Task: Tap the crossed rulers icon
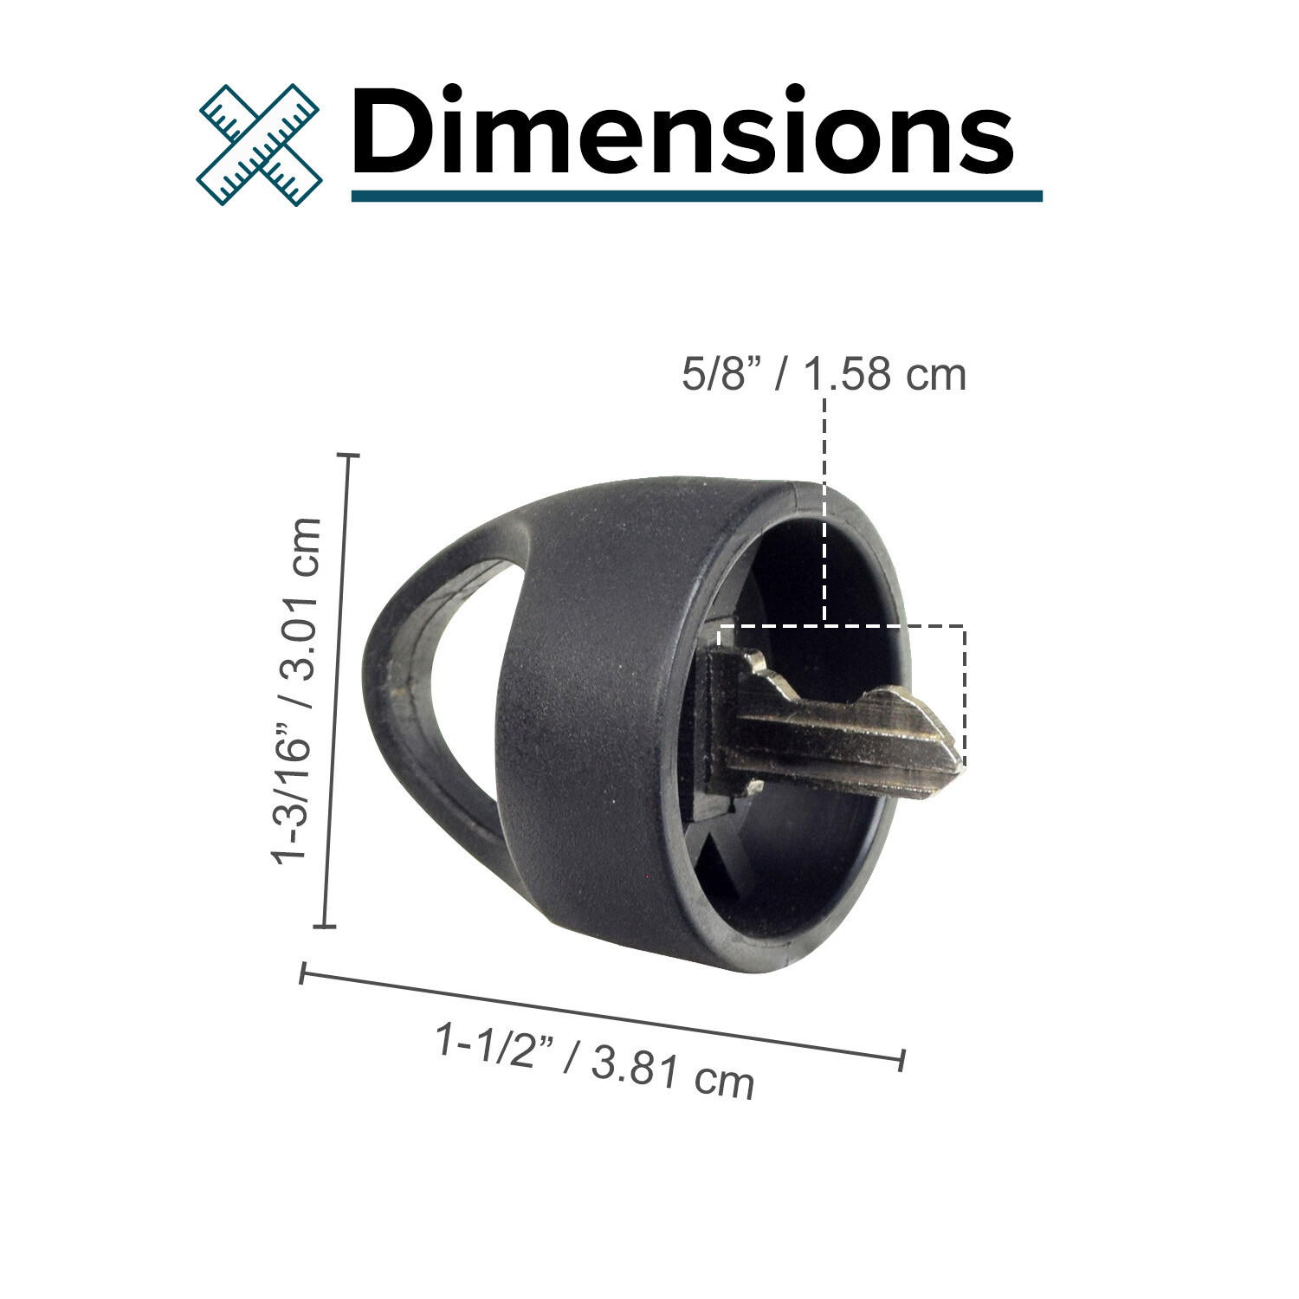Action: pyautogui.click(x=259, y=144)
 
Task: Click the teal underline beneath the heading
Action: pyautogui.click(x=696, y=197)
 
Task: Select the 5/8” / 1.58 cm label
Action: pyautogui.click(x=824, y=375)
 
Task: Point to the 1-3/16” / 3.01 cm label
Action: pyautogui.click(x=297, y=690)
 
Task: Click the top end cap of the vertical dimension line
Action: pyautogui.click(x=348, y=454)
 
